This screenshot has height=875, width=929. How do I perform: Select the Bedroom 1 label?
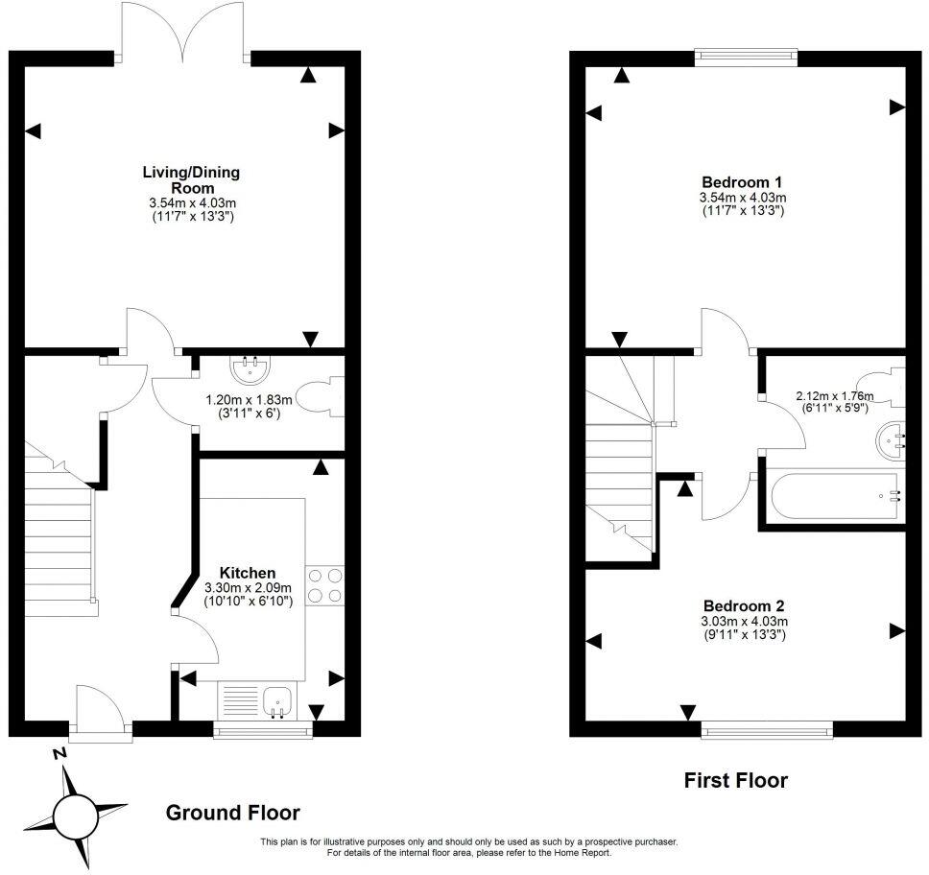pos(742,182)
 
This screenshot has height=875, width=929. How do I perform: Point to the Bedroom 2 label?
pos(744,606)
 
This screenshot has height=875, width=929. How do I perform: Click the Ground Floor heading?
pos(233,813)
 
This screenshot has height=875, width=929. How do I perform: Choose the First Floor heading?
pos(735,780)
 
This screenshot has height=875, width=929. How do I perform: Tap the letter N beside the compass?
pos(60,754)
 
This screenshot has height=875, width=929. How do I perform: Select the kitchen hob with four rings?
pos(324,585)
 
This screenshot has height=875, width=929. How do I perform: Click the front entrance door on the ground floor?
pos(100,715)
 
